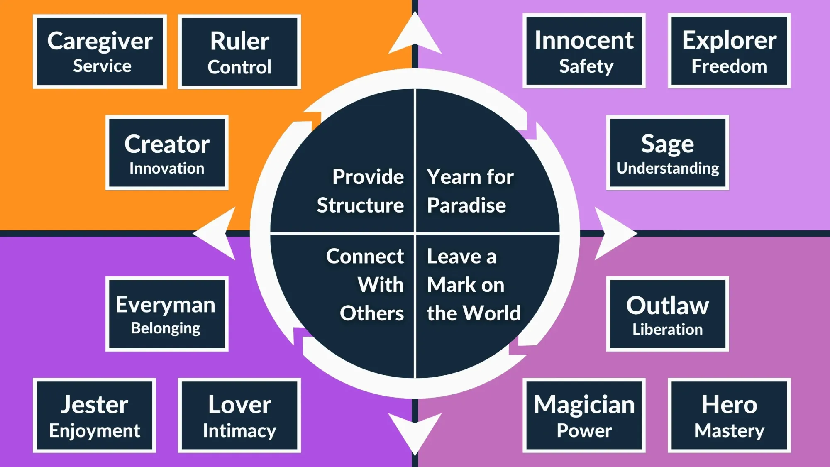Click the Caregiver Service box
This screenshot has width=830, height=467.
point(100,52)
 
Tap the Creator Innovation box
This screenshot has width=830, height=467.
point(167,153)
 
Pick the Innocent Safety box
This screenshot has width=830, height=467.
point(584,51)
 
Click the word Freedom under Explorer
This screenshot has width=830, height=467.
point(729,66)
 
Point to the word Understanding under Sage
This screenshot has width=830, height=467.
point(667,168)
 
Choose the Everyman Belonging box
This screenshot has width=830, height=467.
point(167,314)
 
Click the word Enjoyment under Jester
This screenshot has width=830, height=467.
point(95,431)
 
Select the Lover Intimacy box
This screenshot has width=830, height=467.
point(239,416)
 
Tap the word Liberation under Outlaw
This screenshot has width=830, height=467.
point(667,329)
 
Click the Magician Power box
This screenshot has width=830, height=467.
point(584,416)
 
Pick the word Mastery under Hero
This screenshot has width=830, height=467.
point(729,431)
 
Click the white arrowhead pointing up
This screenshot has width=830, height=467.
point(415,35)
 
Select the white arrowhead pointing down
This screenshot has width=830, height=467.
point(415,432)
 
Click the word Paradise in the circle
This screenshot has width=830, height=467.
point(466,205)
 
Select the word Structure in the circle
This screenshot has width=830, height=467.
point(360,205)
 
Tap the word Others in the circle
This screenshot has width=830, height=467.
point(371,313)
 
